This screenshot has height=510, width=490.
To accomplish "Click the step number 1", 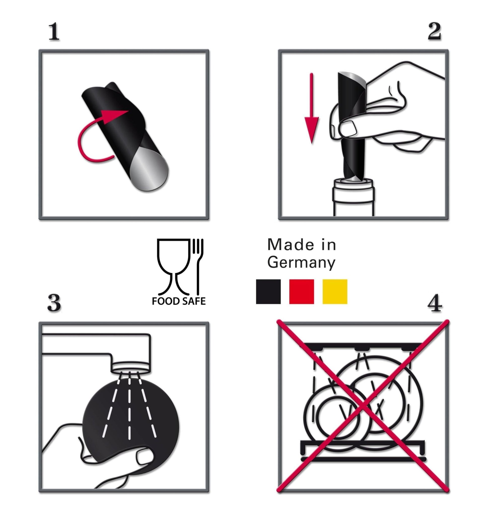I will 54,32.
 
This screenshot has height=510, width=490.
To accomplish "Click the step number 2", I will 434,32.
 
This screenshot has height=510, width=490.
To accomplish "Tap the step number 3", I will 54,303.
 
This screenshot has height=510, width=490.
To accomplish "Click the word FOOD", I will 166,301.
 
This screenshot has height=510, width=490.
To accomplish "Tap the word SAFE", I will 194,301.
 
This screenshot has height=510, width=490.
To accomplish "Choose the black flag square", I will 268,292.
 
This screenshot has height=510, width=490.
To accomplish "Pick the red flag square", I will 301,292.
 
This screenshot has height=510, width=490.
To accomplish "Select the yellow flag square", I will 335,292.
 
